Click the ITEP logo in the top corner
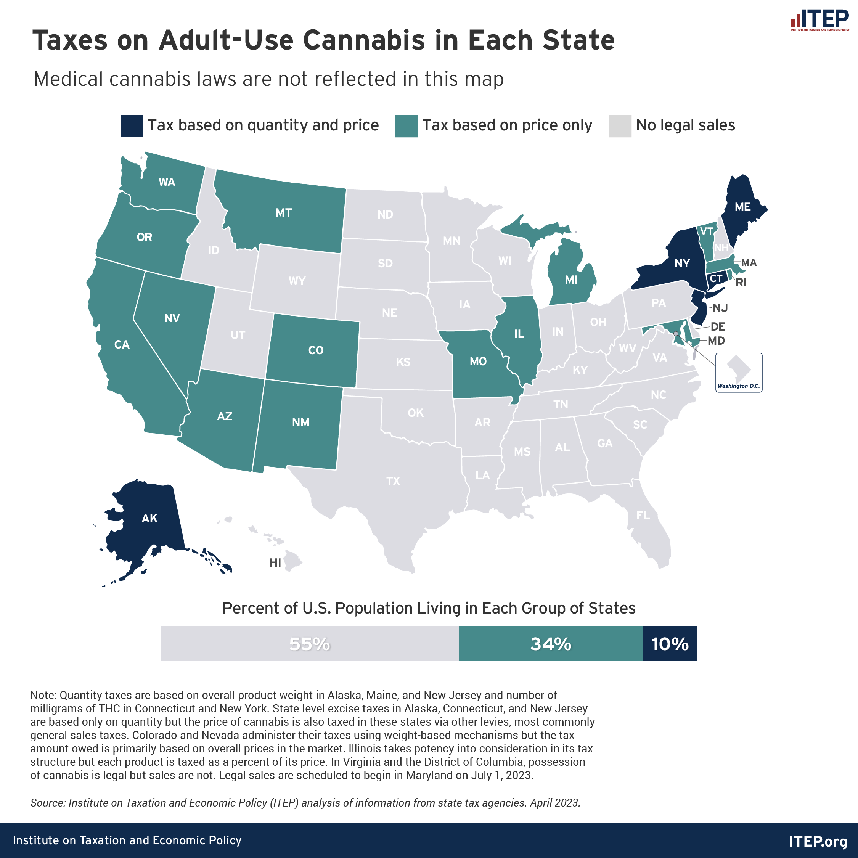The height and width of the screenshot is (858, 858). [x=819, y=20]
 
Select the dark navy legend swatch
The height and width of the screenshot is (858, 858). [x=132, y=126]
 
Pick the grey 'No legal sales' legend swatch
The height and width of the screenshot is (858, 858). [x=620, y=126]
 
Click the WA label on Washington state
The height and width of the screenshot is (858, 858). [x=167, y=182]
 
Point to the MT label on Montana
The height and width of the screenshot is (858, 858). [x=284, y=213]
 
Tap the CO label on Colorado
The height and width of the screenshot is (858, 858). [x=316, y=350]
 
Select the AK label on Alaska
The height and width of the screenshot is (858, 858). [x=149, y=518]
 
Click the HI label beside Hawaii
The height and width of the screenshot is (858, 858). [x=275, y=563]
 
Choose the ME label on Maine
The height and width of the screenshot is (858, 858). [x=742, y=207]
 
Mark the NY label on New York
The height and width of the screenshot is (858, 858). [x=682, y=264]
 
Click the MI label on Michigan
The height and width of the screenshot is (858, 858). [x=571, y=280]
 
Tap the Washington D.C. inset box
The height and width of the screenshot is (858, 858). [x=739, y=372]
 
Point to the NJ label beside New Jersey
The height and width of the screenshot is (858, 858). [x=720, y=308]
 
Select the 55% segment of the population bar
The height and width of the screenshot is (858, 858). [x=309, y=644]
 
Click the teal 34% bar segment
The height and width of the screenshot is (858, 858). [x=550, y=644]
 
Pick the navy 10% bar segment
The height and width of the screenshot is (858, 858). [x=670, y=644]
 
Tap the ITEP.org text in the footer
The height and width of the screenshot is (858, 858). [x=818, y=841]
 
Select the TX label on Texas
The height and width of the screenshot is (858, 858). [x=393, y=481]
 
